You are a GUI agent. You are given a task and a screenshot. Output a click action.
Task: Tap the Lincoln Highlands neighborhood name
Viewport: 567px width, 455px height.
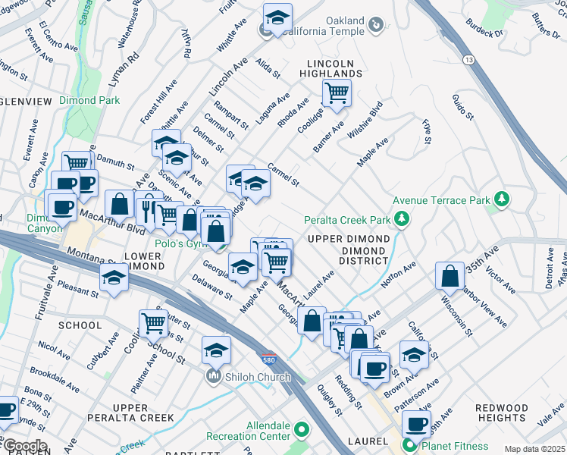point(334,67)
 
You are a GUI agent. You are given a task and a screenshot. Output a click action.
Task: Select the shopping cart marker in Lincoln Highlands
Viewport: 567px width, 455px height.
point(336,94)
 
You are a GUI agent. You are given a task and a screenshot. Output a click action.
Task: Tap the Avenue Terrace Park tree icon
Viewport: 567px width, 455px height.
point(500,199)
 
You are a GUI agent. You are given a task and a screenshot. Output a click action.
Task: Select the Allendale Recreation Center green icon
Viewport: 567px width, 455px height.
point(301,431)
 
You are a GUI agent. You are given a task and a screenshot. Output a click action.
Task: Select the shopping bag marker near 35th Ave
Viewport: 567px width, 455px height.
point(450,277)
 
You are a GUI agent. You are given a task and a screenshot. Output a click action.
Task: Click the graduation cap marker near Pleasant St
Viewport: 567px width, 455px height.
point(114,280)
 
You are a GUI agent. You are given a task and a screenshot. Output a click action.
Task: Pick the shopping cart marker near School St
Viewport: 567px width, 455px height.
point(154,324)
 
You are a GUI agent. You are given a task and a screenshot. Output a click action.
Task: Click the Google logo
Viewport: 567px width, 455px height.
point(24,446)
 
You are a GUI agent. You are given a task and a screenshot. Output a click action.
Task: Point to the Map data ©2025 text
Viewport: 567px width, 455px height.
point(534,449)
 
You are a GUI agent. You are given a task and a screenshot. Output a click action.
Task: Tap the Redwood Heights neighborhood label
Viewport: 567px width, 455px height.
point(502,413)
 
